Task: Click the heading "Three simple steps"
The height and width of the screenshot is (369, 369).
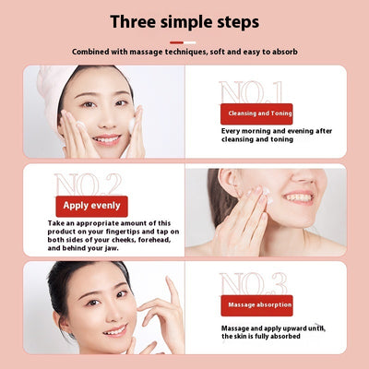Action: (184, 20)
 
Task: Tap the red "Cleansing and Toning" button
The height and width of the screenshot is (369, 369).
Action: (256, 113)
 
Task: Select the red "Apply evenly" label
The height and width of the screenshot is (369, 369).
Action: (90, 207)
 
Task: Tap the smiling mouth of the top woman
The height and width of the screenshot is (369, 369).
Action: (106, 138)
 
